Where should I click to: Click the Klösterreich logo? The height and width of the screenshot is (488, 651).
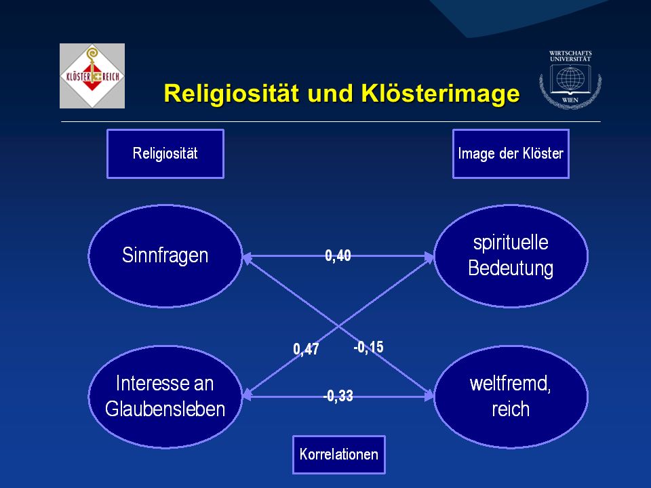pos(92,76)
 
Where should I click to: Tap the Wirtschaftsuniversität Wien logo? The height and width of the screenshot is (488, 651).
pos(570,79)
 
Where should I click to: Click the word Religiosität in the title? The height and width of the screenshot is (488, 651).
pos(231,93)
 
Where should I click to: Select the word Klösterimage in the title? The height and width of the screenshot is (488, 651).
pos(441,93)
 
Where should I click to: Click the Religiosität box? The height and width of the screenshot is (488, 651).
pos(165,154)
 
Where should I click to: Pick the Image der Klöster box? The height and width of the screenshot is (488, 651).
pos(511,154)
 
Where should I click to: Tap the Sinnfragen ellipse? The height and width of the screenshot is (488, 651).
pos(165,256)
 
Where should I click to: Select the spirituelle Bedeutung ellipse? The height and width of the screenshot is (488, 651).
pos(511,256)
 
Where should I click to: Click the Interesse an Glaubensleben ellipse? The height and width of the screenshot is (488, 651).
pos(165,396)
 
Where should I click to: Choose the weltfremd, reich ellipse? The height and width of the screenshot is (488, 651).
pos(511,396)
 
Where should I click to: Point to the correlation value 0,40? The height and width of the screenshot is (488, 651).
pos(338,256)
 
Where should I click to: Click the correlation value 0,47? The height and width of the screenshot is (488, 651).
pos(306,349)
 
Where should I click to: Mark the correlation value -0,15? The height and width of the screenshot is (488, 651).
pos(369,347)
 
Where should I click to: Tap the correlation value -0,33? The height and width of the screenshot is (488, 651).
pos(338,396)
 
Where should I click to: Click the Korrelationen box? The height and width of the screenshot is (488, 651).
pos(339,454)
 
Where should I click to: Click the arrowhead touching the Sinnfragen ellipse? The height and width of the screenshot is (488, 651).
pos(248,258)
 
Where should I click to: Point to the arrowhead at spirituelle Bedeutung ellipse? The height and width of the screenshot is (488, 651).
pos(429,258)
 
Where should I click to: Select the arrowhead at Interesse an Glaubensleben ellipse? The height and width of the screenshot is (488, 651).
pos(248,394)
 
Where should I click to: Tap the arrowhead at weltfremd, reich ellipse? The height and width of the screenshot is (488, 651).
pos(429,396)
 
